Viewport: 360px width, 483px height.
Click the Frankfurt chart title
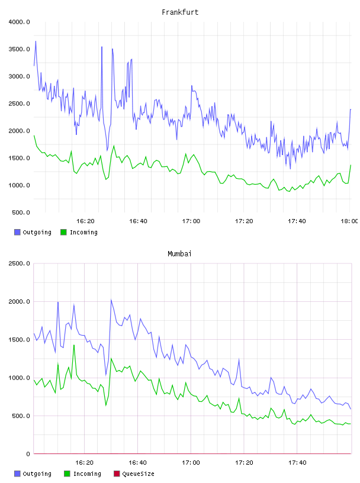(x=180, y=12)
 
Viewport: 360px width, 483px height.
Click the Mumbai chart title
(x=179, y=254)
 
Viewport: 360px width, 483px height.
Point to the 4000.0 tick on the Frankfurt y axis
(x=20, y=22)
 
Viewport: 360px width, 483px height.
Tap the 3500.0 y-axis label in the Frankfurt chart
(x=20, y=49)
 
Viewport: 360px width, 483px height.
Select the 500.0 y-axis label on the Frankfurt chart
(x=21, y=212)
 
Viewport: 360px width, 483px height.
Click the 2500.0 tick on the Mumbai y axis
(x=20, y=263)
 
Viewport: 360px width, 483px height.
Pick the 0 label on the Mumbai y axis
(x=28, y=454)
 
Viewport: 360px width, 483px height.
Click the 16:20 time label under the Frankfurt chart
(x=85, y=221)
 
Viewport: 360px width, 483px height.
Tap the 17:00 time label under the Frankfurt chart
(x=191, y=221)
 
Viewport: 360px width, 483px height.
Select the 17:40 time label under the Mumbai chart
(x=297, y=463)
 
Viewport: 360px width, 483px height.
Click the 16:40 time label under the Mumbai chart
(x=137, y=463)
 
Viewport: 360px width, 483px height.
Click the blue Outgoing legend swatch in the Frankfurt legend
(x=17, y=232)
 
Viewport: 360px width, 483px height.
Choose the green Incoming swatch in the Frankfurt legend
(x=63, y=232)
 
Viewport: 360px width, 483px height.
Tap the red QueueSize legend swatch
(x=117, y=474)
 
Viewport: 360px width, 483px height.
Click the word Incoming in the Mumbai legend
(x=87, y=474)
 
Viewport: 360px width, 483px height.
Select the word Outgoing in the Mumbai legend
(x=37, y=474)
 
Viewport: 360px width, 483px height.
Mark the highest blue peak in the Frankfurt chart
(x=36, y=41)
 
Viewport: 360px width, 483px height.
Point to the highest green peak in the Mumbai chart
(x=73, y=345)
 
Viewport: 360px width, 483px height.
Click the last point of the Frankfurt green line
(x=351, y=165)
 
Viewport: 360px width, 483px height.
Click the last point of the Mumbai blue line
(x=351, y=409)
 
